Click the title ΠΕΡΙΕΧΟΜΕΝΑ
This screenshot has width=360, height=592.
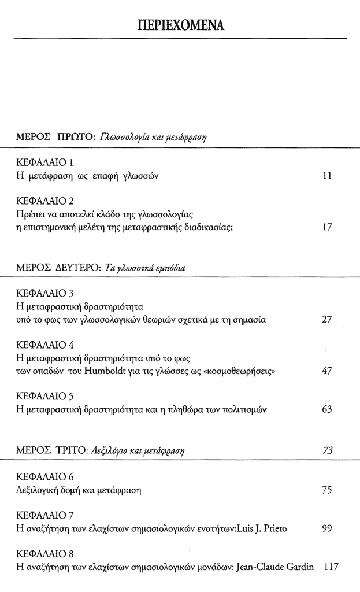180,25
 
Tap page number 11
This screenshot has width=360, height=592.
326,176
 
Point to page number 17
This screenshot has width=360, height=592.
326,227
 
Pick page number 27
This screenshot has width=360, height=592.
326,319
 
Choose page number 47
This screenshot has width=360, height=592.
326,371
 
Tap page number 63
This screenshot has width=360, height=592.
326,409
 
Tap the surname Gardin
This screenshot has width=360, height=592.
299,567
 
